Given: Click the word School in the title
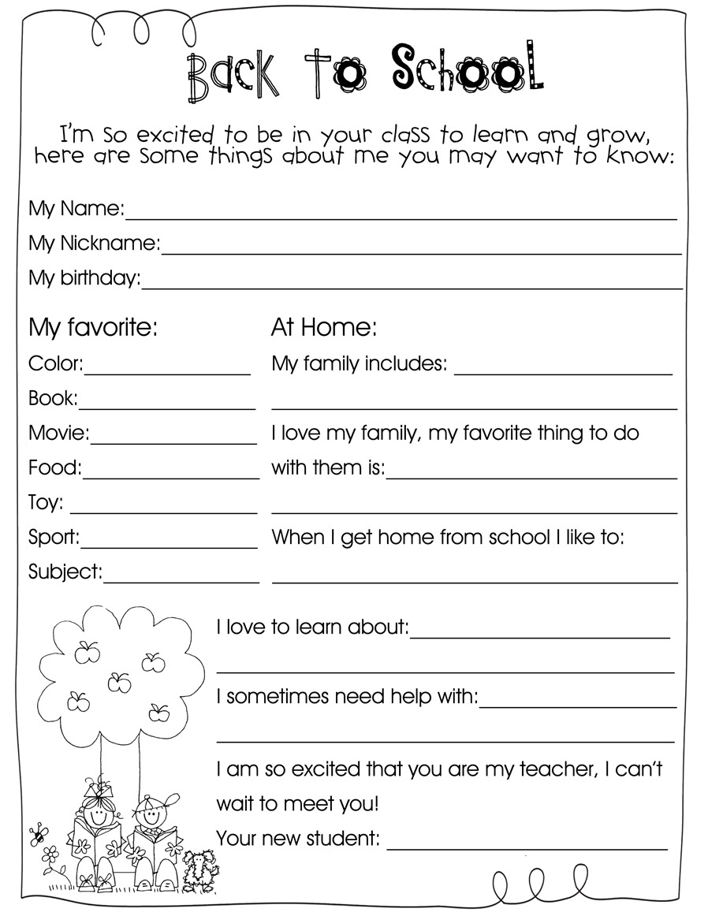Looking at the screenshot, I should click(467, 69).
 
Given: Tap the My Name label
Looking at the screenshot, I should click(76, 209).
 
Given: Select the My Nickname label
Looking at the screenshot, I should click(94, 244).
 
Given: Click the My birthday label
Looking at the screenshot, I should click(84, 278).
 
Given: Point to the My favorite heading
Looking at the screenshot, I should click(93, 327).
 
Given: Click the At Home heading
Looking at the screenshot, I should click(324, 327).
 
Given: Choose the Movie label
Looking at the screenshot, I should click(58, 433).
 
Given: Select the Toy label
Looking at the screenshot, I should click(46, 502).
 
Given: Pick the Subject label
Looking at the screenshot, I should click(65, 572).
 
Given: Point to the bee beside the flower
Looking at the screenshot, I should click(35, 832).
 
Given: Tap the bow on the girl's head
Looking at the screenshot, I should click(94, 788).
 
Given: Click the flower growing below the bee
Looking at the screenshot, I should click(50, 855).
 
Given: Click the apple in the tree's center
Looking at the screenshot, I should click(118, 680).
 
